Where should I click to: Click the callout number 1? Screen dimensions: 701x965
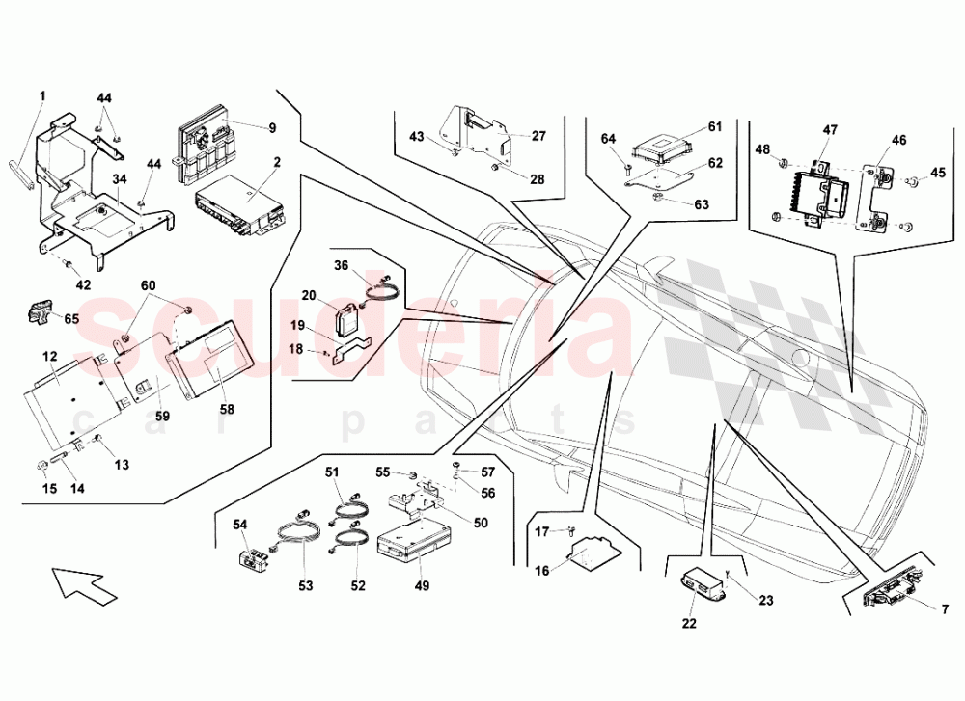(42, 95)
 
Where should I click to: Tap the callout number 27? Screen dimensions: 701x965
(538, 136)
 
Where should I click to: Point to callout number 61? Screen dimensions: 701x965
(715, 126)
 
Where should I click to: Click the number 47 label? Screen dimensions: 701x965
(830, 128)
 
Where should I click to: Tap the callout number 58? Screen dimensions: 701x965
(227, 408)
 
